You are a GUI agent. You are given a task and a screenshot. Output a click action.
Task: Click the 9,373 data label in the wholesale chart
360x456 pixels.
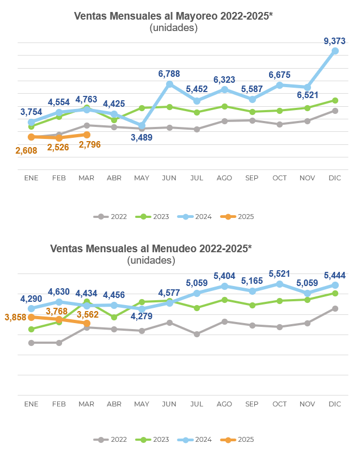pyautogui.click(x=334, y=41)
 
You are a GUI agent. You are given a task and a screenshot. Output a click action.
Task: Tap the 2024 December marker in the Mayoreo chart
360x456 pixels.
pyautogui.click(x=335, y=51)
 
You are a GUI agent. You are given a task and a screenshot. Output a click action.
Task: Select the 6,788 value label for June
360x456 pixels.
pyautogui.click(x=169, y=74)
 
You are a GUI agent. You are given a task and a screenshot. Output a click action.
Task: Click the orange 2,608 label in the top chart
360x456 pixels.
pyautogui.click(x=26, y=150)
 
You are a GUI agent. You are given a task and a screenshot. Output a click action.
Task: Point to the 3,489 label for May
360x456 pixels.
pyautogui.click(x=141, y=137)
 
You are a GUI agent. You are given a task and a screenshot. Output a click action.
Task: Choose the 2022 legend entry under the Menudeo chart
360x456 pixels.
pyautogui.click(x=112, y=440)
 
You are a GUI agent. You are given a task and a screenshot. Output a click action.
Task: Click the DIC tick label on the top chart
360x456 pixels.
pyautogui.click(x=334, y=178)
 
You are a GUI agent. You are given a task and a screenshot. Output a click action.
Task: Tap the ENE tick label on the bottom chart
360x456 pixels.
pyautogui.click(x=31, y=404)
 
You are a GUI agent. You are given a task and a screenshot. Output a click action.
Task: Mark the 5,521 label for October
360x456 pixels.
pyautogui.click(x=279, y=273)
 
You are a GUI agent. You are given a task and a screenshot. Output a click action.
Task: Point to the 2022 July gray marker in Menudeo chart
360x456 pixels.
pyautogui.click(x=197, y=334)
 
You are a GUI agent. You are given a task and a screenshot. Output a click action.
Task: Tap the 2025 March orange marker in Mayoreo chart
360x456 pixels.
pyautogui.click(x=87, y=135)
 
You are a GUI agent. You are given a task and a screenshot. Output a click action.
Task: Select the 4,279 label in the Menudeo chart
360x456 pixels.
pyautogui.click(x=141, y=318)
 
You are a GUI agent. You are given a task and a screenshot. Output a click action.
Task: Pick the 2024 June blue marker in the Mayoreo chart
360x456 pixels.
pyautogui.click(x=169, y=84)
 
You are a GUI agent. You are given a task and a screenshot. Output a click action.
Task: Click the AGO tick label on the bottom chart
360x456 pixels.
pyautogui.click(x=224, y=404)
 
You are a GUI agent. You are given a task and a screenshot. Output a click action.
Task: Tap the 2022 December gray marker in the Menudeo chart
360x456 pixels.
pyautogui.click(x=335, y=308)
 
